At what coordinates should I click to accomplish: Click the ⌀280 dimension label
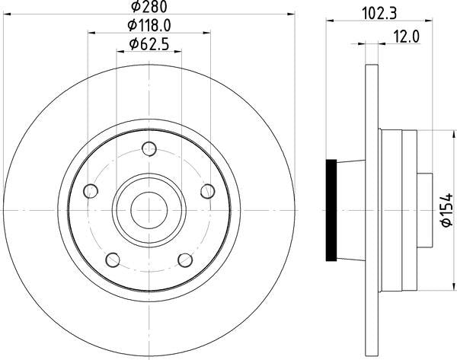(149, 7)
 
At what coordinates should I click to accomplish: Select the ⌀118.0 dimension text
(149, 26)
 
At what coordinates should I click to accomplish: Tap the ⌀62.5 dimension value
(149, 45)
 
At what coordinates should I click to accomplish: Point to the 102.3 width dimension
(379, 14)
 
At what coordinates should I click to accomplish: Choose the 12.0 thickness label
(407, 37)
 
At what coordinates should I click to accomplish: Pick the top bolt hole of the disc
(149, 149)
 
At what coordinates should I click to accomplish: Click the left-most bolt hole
(91, 191)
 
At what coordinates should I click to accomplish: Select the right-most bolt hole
(207, 191)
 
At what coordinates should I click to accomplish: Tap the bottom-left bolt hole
(113, 260)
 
